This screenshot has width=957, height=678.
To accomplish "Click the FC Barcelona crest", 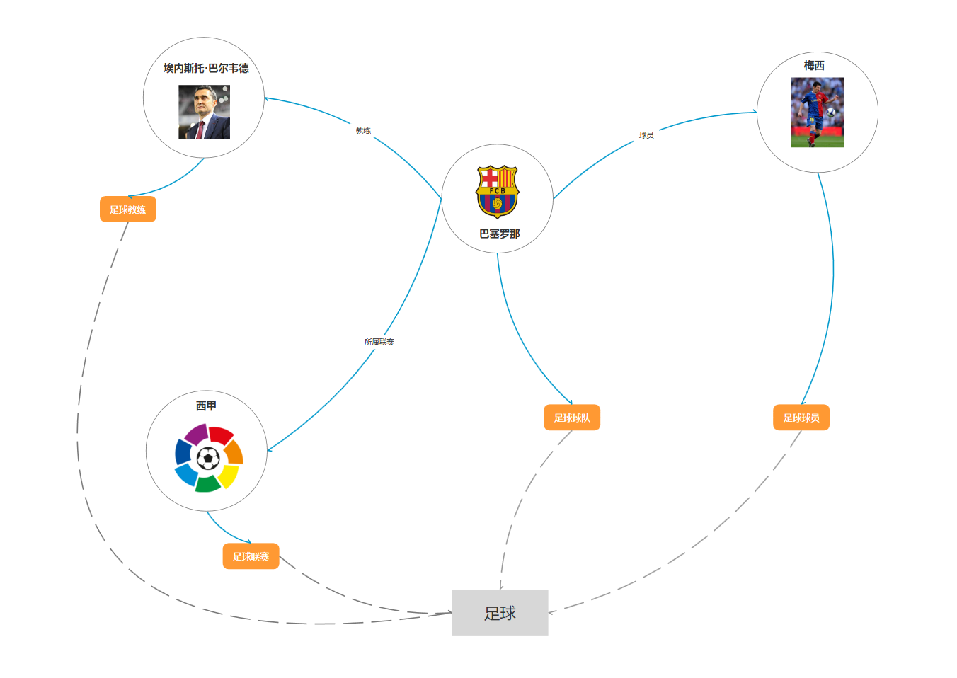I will click(497, 191).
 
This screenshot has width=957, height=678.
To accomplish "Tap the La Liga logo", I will click(209, 458).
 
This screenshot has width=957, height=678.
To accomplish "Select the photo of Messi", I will click(817, 112).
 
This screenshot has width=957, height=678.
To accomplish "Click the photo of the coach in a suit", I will click(204, 112).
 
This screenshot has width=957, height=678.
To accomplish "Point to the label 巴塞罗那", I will click(499, 234).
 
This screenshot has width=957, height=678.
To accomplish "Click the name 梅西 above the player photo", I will click(814, 65).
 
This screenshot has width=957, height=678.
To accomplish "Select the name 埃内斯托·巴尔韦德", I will click(206, 68).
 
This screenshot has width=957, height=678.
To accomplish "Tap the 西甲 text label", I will click(206, 406).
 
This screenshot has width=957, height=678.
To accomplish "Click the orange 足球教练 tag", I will click(128, 209).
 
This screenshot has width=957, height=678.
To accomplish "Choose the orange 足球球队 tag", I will click(572, 418).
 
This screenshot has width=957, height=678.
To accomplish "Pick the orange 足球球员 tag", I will click(801, 418).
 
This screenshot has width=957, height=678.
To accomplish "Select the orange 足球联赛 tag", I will click(251, 556).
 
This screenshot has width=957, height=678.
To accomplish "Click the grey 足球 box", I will click(500, 612).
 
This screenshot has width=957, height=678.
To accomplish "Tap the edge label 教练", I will click(363, 130).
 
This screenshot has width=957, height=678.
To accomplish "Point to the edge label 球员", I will click(646, 134).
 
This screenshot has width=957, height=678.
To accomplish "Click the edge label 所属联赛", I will click(379, 342).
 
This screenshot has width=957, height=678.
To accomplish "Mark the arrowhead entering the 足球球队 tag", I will click(570, 402).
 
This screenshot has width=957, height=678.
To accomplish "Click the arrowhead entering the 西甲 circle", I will click(270, 449).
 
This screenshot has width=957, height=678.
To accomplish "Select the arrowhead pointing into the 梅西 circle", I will click(754, 112).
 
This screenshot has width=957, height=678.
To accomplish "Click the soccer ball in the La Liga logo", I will click(208, 459).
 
